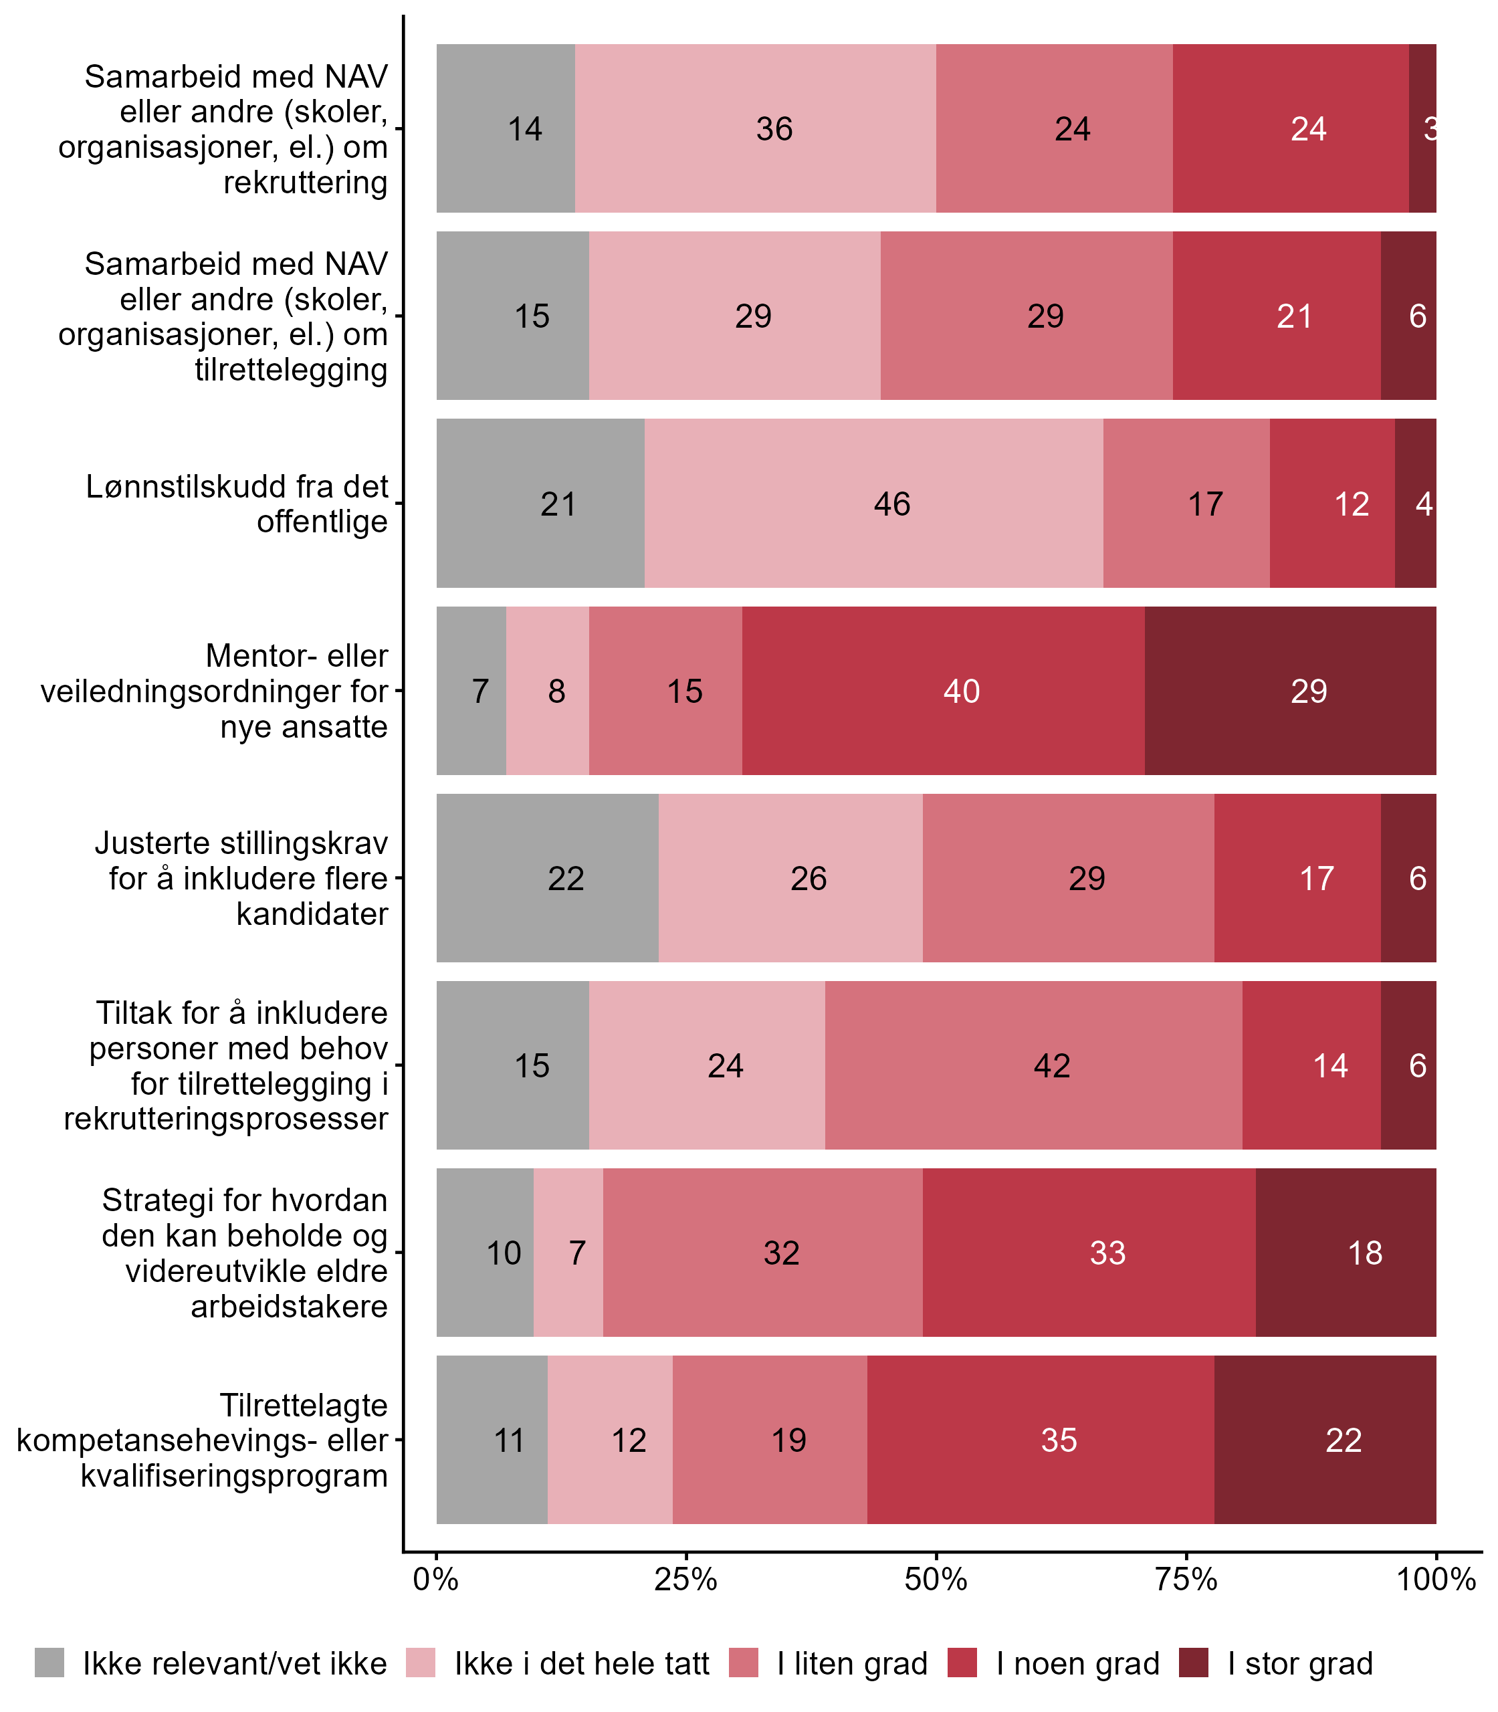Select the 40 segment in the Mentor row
coord(943,690)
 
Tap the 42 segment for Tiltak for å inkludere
coord(1033,1065)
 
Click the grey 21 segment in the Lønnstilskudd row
coord(540,503)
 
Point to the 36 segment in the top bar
coord(755,128)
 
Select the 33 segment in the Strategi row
coord(1089,1252)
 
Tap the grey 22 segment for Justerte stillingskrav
coord(548,877)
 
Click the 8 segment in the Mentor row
coord(548,690)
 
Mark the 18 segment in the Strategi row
coord(1346,1252)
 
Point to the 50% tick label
coord(936,1579)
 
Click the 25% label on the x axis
coord(686,1579)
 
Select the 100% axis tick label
coord(1436,1579)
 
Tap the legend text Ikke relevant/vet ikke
coord(235,1664)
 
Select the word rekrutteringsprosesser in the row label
coord(227,1118)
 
